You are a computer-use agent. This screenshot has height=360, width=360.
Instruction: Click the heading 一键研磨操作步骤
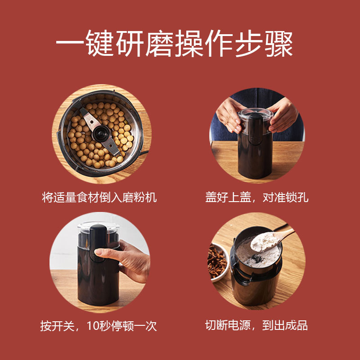(174, 43)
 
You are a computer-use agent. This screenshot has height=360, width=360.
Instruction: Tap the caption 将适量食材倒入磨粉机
(99, 197)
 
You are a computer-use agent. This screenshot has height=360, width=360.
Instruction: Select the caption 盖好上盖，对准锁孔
(257, 197)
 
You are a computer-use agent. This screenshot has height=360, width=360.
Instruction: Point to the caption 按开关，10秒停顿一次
(99, 325)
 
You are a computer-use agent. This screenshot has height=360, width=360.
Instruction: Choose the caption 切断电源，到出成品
(256, 325)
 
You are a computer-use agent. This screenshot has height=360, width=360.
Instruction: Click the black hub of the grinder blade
(101, 134)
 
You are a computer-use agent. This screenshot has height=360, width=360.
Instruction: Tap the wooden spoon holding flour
(272, 239)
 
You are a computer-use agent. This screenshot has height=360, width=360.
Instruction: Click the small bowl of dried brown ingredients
(218, 261)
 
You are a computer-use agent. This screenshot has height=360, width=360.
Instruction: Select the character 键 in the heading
(99, 43)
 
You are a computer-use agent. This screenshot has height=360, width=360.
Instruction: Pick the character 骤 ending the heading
(279, 43)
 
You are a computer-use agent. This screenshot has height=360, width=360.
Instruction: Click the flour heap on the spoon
(265, 241)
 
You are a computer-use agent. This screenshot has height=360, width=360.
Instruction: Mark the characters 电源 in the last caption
(239, 325)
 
